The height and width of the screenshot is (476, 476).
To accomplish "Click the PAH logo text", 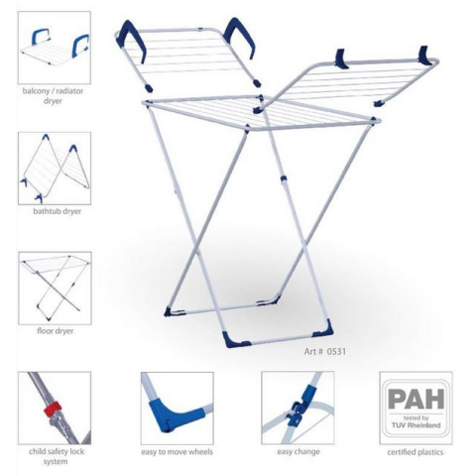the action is point(416,399).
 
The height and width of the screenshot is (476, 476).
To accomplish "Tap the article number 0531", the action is point(336,351).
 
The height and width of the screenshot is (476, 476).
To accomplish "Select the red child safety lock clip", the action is point(53,410).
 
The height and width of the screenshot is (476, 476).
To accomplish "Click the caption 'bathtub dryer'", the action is point(57,211).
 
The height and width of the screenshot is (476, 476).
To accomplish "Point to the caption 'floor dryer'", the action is point(56,331).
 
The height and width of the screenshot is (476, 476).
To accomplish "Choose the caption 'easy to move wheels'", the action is point(177,452).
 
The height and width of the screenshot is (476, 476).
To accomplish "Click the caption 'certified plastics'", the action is point(416,452).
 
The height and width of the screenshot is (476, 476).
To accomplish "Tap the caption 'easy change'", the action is point(298,451).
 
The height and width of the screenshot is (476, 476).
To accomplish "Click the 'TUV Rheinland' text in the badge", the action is point(416,425).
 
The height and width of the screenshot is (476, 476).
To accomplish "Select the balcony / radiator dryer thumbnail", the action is point(55,48).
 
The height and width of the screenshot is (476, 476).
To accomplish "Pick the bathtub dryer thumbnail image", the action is point(55,169).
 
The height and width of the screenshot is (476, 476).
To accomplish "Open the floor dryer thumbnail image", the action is point(55,289).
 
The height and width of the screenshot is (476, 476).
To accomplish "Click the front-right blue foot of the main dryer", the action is point(322,328).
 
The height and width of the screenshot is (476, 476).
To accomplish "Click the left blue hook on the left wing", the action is point(134,41).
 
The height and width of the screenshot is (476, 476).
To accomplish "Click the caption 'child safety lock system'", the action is point(56,456).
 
